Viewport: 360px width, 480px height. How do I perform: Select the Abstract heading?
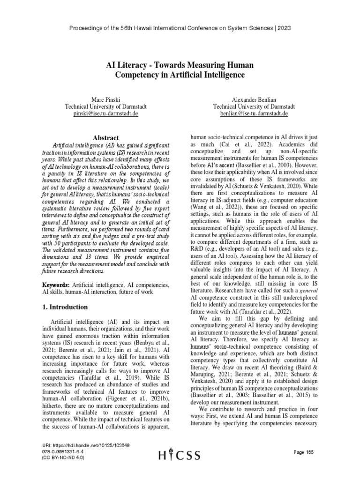tap(106, 137)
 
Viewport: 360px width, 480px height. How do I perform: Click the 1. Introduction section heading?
tap(69, 307)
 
